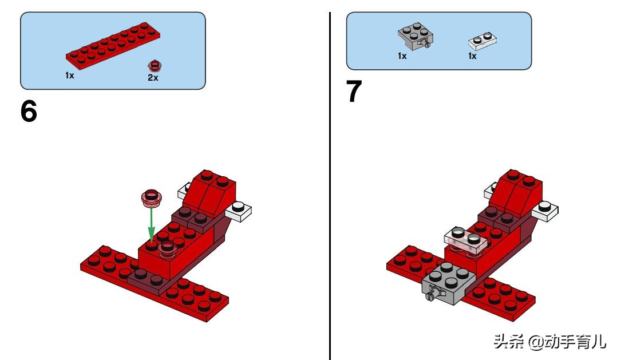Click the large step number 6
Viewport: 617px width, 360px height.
(x=29, y=112)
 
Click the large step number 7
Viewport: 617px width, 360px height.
(x=354, y=93)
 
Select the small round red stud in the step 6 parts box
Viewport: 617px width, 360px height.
(x=153, y=65)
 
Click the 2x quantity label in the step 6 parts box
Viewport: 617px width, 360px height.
(x=153, y=78)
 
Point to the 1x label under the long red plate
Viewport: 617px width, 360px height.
(x=69, y=76)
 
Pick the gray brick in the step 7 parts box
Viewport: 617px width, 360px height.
(x=415, y=37)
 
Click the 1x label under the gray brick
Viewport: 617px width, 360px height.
(x=402, y=56)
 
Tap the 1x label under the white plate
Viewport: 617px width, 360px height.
(x=472, y=56)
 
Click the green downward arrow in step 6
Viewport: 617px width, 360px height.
(x=152, y=224)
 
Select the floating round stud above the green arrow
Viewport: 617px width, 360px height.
(x=152, y=197)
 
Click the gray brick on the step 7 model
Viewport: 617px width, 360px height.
(x=450, y=284)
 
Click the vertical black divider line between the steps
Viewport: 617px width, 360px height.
(x=330, y=183)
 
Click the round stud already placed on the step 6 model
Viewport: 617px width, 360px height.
(x=167, y=248)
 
